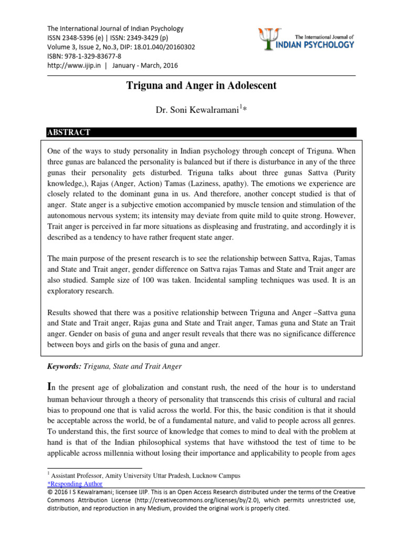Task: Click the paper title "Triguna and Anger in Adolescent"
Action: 201,85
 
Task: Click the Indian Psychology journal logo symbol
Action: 268,39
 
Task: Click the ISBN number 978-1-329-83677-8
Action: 92,56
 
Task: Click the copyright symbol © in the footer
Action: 50,492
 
